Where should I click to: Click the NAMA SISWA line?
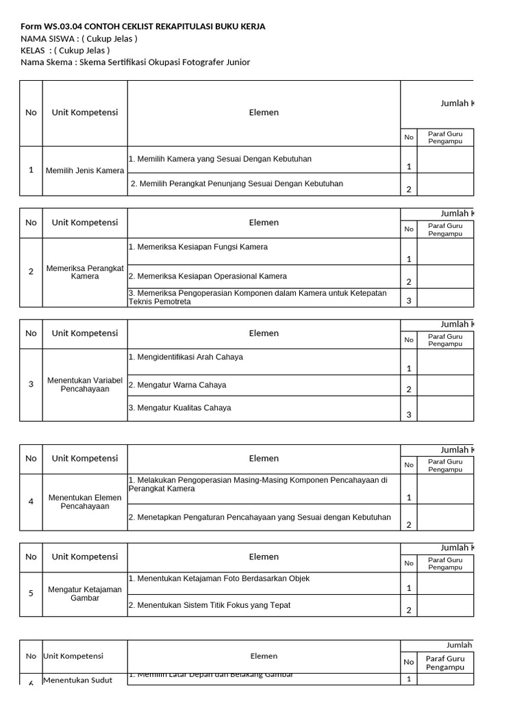[x=79, y=38]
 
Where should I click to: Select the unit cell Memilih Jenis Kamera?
[x=85, y=170]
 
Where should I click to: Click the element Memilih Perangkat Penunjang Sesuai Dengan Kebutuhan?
[x=237, y=183]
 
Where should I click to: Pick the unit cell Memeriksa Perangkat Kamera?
[x=85, y=272]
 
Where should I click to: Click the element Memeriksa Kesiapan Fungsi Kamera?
[x=198, y=246]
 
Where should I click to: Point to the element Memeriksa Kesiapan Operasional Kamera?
[x=208, y=276]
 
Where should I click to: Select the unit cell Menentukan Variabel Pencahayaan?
[x=85, y=384]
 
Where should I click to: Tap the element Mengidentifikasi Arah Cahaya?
[x=186, y=357]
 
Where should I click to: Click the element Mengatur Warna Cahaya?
[x=177, y=385]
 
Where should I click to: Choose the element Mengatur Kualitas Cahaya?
[x=179, y=407]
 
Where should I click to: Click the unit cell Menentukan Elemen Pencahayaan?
[x=85, y=502]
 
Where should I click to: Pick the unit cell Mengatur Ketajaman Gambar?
[x=85, y=594]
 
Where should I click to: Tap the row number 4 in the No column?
[x=31, y=502]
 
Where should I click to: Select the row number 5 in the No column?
[x=31, y=594]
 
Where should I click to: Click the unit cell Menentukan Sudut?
[x=77, y=680]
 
